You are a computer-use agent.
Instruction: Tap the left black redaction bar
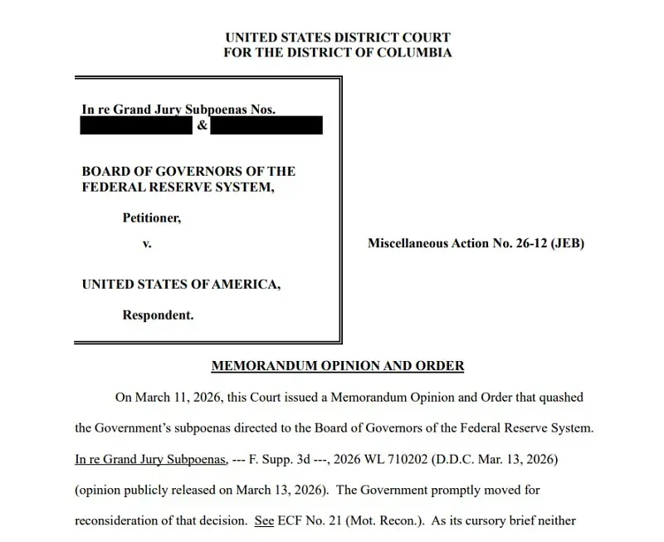[136, 126]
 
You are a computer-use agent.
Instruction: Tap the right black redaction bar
[266, 126]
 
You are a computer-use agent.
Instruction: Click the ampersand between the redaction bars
[202, 126]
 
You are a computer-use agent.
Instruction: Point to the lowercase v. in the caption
[147, 245]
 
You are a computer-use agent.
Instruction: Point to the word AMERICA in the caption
[246, 284]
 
